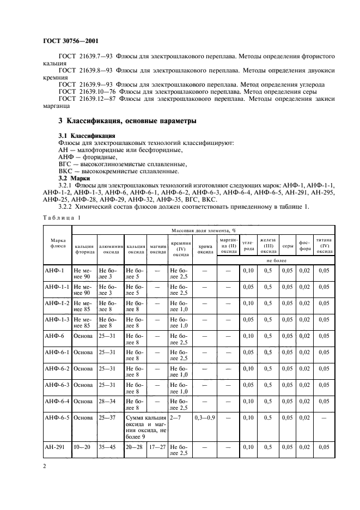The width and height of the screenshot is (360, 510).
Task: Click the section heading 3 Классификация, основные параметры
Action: [127, 120]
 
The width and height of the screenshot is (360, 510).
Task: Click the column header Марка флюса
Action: [58, 242]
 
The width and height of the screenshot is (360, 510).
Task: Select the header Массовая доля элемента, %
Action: [201, 231]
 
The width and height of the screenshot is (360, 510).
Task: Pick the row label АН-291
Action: [55, 447]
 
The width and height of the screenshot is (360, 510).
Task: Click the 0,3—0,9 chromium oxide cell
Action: [205, 418]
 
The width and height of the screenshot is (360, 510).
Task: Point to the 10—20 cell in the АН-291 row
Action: [83, 447]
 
